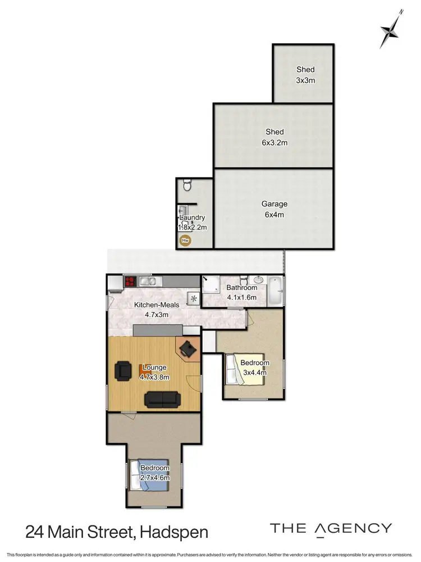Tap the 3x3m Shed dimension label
(306, 80)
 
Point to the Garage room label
(274, 204)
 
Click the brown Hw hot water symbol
(185, 241)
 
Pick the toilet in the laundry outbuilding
(188, 185)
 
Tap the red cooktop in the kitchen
(131, 282)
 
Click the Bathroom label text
(241, 288)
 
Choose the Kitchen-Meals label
(157, 305)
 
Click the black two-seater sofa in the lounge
(162, 399)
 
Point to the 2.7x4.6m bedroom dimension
(155, 478)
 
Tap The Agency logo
(331, 528)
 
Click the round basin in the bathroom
(259, 279)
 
